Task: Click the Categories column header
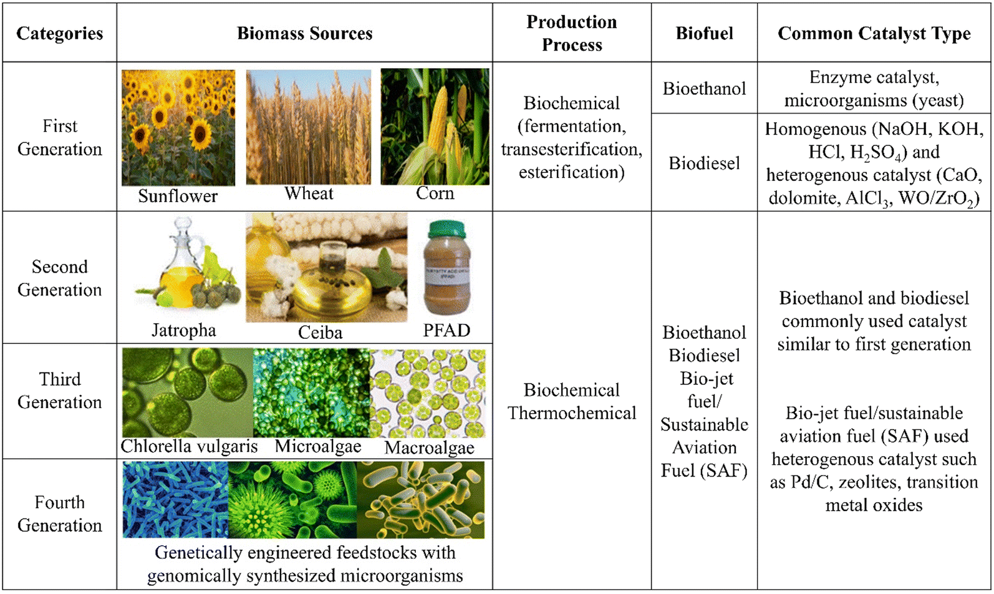click(x=59, y=33)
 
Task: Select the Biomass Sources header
click(x=304, y=33)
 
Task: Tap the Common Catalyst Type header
click(x=874, y=34)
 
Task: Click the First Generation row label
click(x=59, y=138)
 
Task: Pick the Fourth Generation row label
click(x=59, y=514)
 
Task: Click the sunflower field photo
click(x=178, y=127)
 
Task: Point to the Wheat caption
click(x=309, y=193)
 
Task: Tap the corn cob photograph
click(x=435, y=127)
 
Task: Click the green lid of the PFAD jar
click(x=446, y=230)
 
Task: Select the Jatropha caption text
click(x=184, y=331)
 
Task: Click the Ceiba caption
click(x=320, y=333)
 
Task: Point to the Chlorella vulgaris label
click(x=189, y=446)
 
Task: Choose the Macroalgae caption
click(x=429, y=448)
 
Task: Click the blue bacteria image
click(x=175, y=500)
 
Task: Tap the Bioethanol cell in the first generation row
click(x=704, y=89)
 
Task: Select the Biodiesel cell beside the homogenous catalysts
click(x=704, y=163)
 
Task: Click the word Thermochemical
click(x=572, y=413)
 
